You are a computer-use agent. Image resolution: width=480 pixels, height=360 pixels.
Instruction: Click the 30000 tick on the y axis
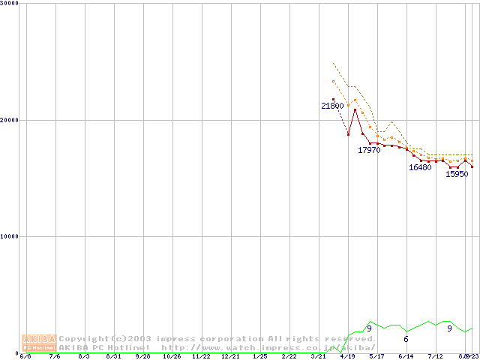pyautogui.click(x=10, y=4)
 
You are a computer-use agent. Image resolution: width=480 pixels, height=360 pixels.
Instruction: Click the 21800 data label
pyautogui.click(x=332, y=106)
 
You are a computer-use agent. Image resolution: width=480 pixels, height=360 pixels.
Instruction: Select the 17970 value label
pyautogui.click(x=369, y=151)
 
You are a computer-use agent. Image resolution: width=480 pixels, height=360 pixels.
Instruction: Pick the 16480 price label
pyautogui.click(x=420, y=168)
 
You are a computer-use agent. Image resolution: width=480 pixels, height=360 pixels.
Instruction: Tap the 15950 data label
pyautogui.click(x=457, y=175)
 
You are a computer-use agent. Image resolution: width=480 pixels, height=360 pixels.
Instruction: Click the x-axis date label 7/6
pyautogui.click(x=55, y=356)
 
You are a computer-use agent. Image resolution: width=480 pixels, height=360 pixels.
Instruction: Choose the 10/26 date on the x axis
pyautogui.click(x=172, y=356)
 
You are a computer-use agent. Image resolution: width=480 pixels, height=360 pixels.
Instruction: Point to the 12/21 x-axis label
pyautogui.click(x=230, y=356)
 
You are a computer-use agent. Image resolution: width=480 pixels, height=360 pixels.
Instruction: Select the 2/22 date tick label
pyautogui.click(x=289, y=356)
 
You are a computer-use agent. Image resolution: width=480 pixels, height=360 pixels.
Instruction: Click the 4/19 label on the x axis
pyautogui.click(x=347, y=356)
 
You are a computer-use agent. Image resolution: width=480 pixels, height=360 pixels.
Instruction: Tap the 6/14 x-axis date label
pyautogui.click(x=406, y=356)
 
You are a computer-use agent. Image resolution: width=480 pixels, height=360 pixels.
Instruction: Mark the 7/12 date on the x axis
pyautogui.click(x=435, y=356)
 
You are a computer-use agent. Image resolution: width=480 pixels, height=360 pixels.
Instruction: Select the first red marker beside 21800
pyautogui.click(x=333, y=99)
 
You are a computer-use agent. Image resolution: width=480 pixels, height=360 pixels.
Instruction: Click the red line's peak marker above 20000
pyautogui.click(x=355, y=110)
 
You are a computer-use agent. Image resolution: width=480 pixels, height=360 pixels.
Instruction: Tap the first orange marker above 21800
pyautogui.click(x=333, y=82)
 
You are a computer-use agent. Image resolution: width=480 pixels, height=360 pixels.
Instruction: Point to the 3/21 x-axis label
pyautogui.click(x=318, y=356)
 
